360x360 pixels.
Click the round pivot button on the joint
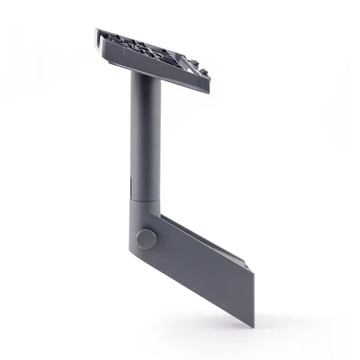pyautogui.click(x=147, y=238)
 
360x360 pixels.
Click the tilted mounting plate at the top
pyautogui.click(x=155, y=61)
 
